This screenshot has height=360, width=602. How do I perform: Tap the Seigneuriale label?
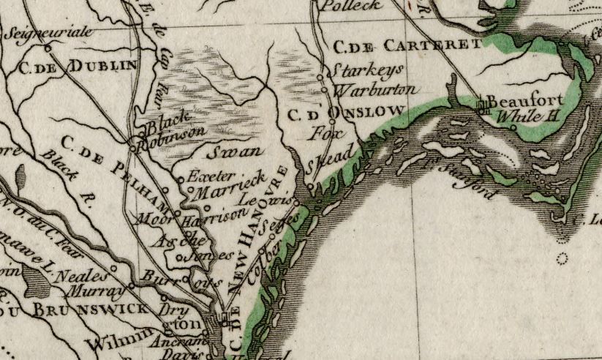[46, 34]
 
